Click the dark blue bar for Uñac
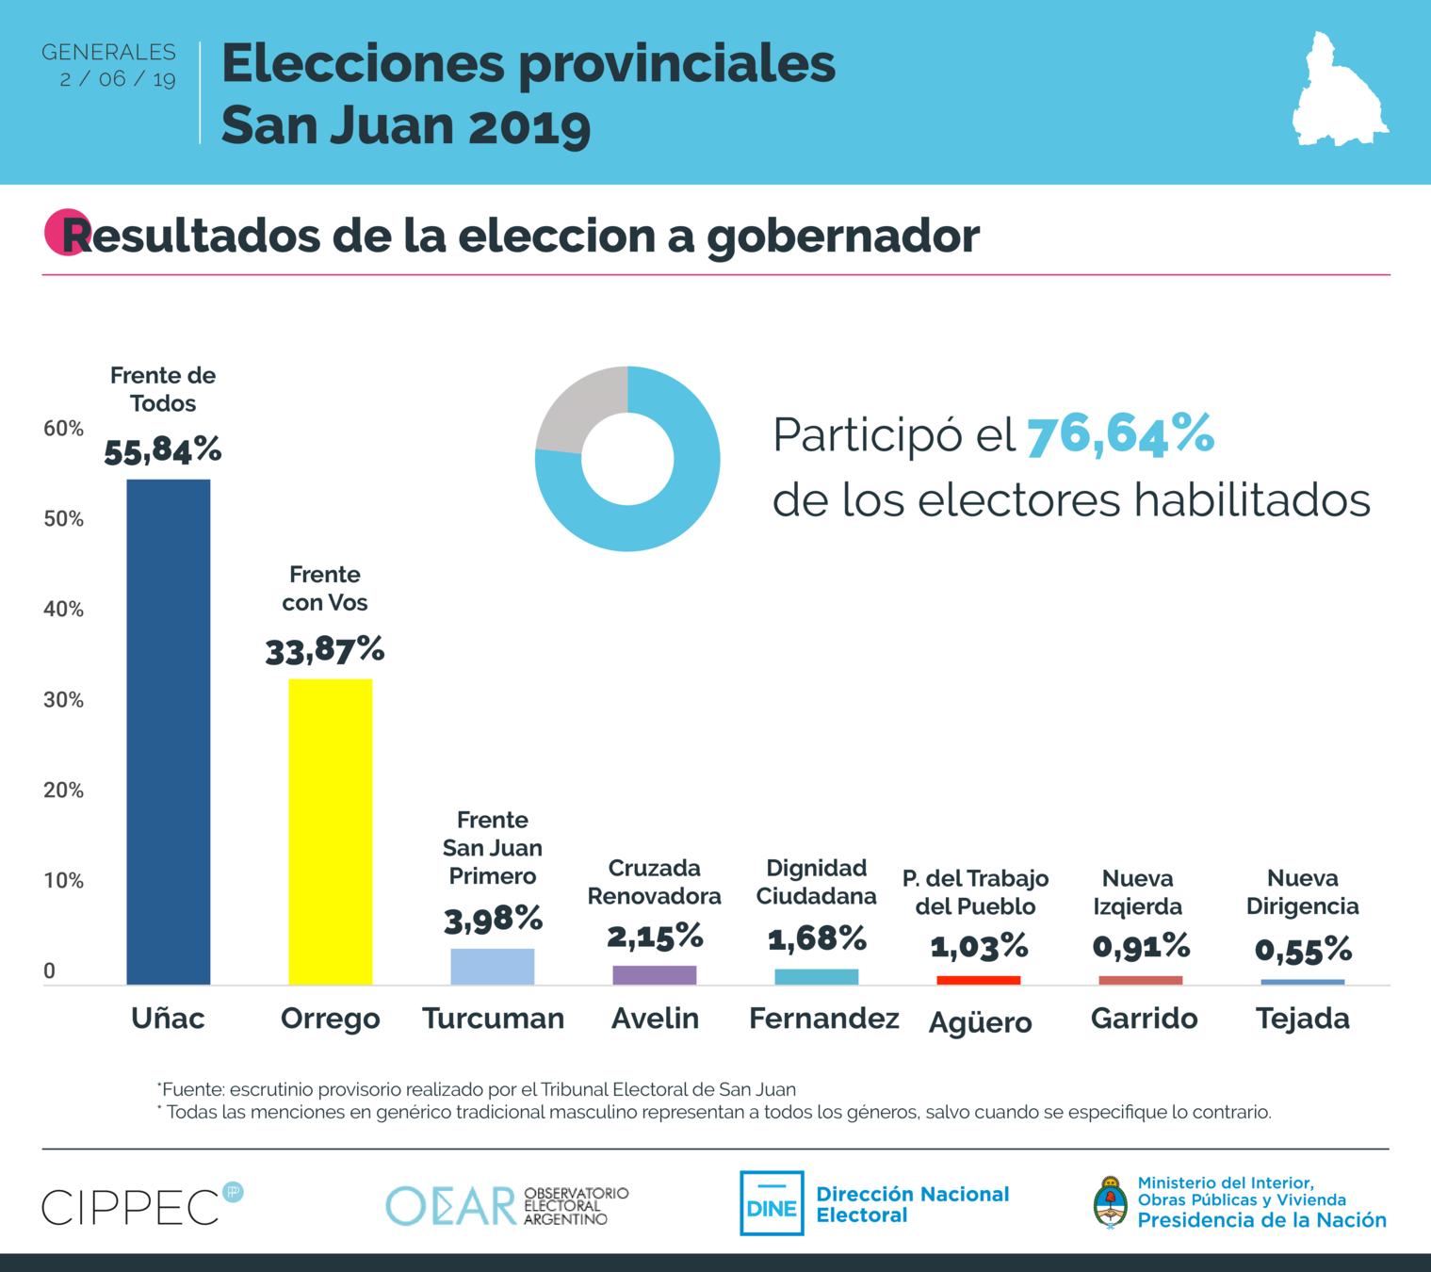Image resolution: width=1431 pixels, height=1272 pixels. point(169,732)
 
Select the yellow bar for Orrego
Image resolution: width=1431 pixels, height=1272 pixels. point(330,832)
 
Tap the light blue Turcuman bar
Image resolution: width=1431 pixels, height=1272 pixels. point(493,967)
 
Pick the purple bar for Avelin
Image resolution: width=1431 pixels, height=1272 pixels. point(655,975)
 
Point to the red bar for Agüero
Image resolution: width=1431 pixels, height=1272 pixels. point(979,980)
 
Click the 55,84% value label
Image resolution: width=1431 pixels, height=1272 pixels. point(163,450)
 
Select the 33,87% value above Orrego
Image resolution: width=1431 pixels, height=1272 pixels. point(325,650)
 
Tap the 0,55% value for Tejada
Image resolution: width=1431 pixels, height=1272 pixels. point(1303,950)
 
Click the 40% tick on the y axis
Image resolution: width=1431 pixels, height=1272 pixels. point(63,610)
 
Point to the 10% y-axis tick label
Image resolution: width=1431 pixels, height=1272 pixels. point(63,881)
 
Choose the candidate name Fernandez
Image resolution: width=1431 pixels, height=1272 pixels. point(823,1019)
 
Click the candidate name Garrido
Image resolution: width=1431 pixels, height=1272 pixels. point(1144,1019)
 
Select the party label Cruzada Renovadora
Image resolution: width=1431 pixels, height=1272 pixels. point(655,882)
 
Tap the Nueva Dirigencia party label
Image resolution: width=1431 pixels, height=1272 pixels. point(1303,892)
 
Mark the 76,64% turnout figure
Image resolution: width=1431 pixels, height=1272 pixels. point(1120,435)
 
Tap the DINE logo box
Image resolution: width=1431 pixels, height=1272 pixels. point(772,1203)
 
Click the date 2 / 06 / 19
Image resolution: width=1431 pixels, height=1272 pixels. point(118,79)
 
